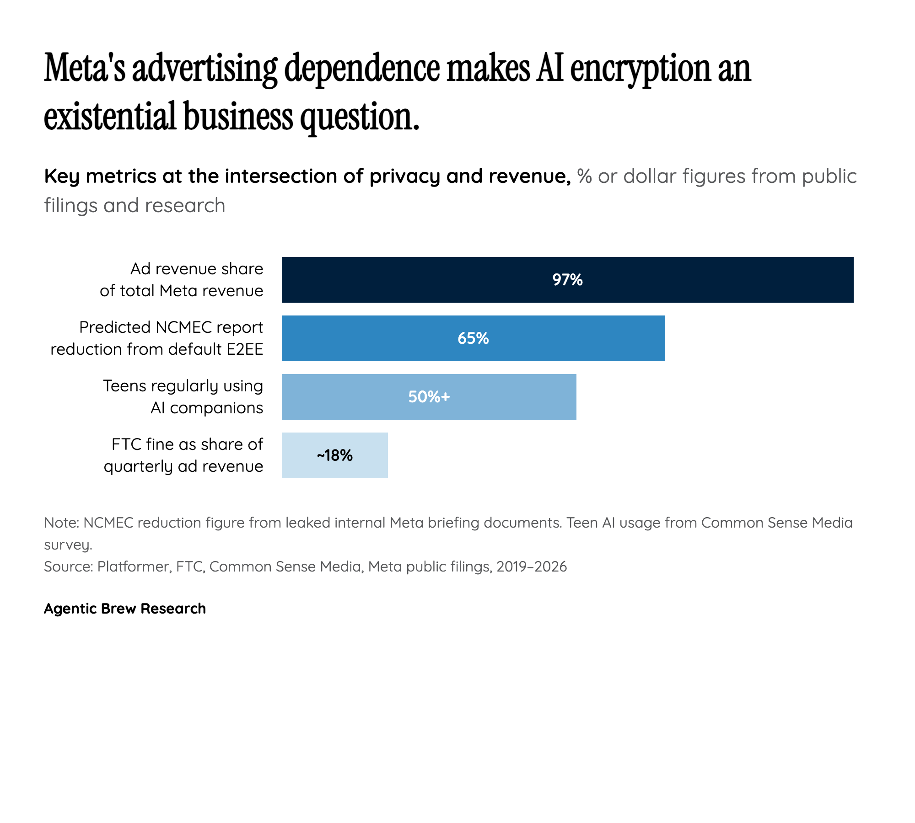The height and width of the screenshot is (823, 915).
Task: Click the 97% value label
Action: click(567, 280)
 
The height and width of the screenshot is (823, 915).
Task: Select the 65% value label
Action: click(473, 338)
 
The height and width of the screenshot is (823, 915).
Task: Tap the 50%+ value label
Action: click(429, 397)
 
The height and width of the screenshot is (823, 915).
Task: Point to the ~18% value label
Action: click(334, 455)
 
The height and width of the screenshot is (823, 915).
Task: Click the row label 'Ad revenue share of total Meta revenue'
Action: click(182, 280)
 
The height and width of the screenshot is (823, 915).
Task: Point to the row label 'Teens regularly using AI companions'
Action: click(183, 397)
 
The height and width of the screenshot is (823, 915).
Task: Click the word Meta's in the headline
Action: click(85, 69)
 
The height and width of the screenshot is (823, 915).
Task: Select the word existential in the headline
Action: click(110, 117)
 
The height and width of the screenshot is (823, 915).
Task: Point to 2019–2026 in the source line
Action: click(532, 566)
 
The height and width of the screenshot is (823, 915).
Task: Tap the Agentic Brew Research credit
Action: click(125, 609)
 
